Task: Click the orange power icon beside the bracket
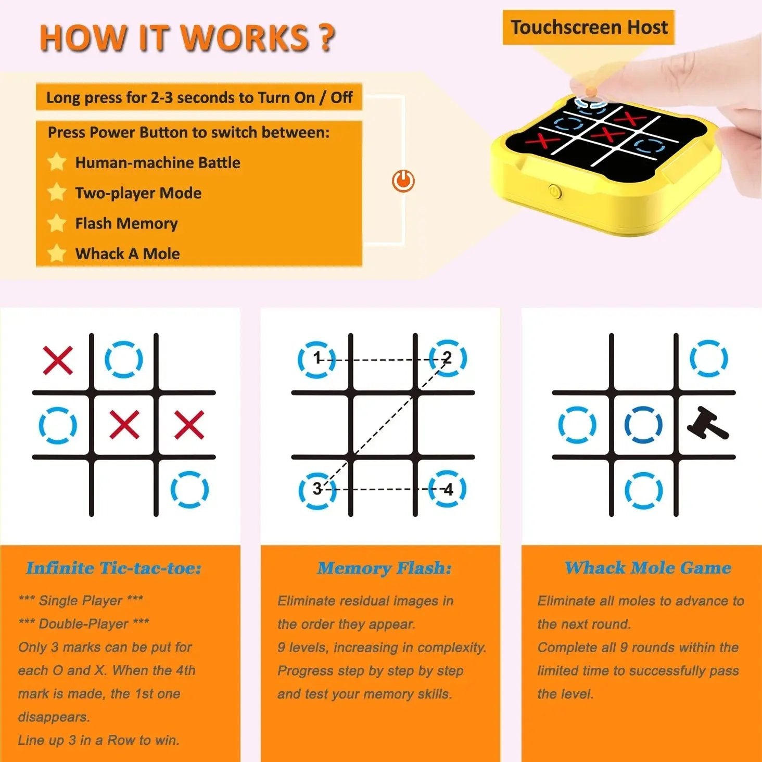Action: pos(403,181)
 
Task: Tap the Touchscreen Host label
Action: pos(589,27)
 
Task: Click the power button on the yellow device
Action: pos(555,192)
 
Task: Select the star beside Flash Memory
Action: pos(57,223)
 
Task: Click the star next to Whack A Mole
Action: pos(57,253)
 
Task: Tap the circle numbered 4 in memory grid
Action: pos(448,489)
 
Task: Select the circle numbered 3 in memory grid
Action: pos(317,489)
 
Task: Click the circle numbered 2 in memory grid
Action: pos(448,358)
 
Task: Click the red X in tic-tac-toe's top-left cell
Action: pos(58,360)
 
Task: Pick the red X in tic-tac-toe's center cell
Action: pos(124,424)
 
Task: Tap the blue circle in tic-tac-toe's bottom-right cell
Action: pos(189,489)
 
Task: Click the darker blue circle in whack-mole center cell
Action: pos(643,425)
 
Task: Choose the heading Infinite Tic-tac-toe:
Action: pos(113,568)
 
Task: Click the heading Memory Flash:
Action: pos(385,568)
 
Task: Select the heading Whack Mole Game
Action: pos(648,567)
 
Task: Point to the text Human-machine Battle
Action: pos(158,163)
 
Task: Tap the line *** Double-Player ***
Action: pos(83,624)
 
